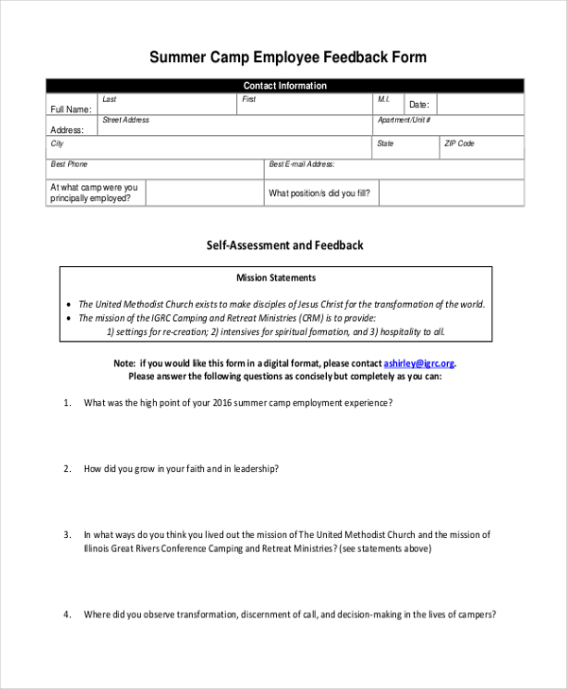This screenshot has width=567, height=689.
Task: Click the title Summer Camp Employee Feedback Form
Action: point(288,58)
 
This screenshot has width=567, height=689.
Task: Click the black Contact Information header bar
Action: point(284,86)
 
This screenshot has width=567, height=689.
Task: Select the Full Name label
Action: point(71,109)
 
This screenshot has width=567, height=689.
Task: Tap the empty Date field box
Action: point(479,105)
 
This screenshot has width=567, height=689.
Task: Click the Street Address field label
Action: point(126,121)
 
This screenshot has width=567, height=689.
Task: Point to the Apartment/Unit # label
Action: point(404,121)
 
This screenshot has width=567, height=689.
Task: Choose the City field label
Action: point(58,143)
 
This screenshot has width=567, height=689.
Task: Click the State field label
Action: point(386,143)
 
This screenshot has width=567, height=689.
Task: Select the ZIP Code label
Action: point(459,143)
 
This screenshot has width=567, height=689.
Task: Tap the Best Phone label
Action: point(69,164)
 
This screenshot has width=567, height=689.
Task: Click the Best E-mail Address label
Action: point(301,164)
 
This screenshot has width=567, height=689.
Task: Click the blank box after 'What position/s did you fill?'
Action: point(451,193)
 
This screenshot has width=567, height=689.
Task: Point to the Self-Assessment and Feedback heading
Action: point(284,245)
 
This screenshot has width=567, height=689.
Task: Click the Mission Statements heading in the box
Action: point(276,278)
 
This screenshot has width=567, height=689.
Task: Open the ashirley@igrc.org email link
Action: point(419,363)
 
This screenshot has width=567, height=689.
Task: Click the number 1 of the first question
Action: point(67,402)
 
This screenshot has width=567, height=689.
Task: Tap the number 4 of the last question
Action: point(67,614)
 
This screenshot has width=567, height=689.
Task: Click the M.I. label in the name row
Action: point(384,99)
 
